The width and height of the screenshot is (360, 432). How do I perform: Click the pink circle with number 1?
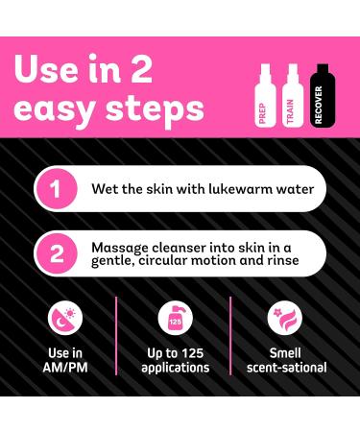coord(56,188)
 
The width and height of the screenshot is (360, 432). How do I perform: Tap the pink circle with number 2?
coord(56,254)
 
